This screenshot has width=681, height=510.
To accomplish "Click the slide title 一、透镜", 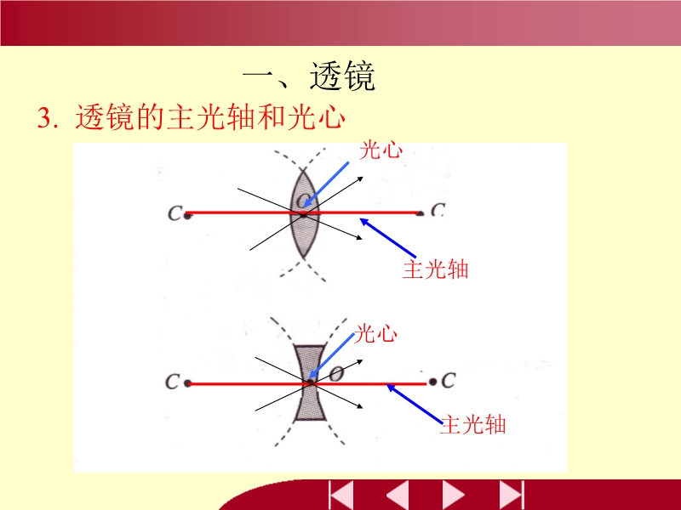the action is click(x=309, y=76).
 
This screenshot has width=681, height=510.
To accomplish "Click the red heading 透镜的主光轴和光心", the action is click(x=210, y=117).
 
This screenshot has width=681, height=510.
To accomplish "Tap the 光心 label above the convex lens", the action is click(x=381, y=150).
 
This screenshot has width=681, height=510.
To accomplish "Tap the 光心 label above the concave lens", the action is click(x=375, y=333).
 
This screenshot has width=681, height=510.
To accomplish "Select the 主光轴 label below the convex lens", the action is click(x=435, y=269).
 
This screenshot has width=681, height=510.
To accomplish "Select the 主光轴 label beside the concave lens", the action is click(x=473, y=424).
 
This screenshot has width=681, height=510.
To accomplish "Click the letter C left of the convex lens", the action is click(x=175, y=213).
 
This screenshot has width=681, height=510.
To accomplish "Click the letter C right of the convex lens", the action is click(x=438, y=210).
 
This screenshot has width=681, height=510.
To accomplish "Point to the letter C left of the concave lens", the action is click(x=172, y=382).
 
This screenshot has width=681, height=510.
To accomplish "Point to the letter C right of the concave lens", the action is click(x=449, y=381).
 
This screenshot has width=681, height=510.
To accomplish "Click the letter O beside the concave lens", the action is click(x=336, y=374).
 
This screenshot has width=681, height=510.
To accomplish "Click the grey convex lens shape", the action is click(x=304, y=214).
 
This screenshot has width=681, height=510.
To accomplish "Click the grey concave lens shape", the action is click(x=310, y=383).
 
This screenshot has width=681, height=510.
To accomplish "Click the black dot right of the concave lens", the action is click(x=432, y=382).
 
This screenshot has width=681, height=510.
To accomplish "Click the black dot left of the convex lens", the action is click(x=187, y=215).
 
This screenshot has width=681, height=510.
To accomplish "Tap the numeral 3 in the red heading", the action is click(x=44, y=117).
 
